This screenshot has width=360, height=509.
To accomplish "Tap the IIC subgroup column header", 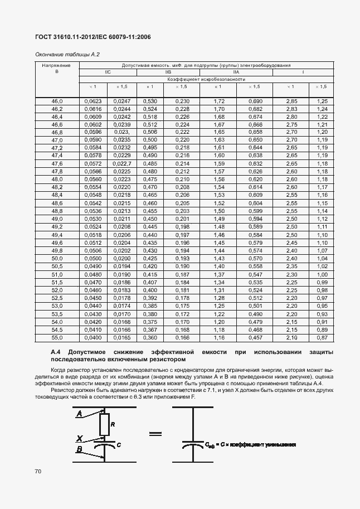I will click(x=108, y=72).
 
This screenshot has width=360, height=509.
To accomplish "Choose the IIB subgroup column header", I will click(x=167, y=72).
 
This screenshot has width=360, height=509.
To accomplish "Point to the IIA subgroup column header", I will click(x=236, y=72).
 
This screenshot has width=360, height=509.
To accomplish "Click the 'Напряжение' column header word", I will click(x=57, y=66).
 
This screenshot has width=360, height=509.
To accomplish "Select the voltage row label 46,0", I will click(x=57, y=101).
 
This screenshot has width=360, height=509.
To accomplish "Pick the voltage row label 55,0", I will click(x=57, y=338).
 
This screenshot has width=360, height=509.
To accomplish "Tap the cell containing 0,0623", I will click(x=93, y=101).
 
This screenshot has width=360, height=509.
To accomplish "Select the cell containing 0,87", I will click(x=322, y=338).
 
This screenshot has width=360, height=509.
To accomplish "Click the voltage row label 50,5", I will click(x=57, y=267).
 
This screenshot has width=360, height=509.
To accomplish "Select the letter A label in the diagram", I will click(x=80, y=414).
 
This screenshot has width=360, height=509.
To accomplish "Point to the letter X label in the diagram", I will click(x=80, y=438).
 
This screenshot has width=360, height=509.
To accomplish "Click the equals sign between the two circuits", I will click(x=155, y=433).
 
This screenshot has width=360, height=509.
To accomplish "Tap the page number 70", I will click(x=38, y=472).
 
